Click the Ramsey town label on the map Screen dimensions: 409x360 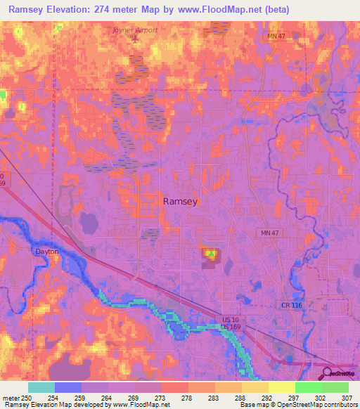(180, 201)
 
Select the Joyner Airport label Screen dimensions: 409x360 (136, 31)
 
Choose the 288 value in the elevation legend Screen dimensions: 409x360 (240, 397)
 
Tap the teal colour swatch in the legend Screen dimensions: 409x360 (41, 387)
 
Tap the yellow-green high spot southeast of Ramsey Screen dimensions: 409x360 (210, 253)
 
